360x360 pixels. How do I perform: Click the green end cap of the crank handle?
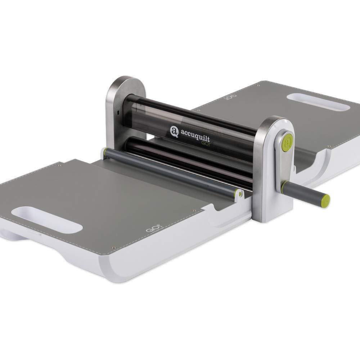click(x=326, y=198)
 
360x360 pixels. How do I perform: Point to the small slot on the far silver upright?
click(x=118, y=113)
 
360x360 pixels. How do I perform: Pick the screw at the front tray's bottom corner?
click(x=113, y=248)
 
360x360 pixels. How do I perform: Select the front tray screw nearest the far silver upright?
click(x=58, y=166)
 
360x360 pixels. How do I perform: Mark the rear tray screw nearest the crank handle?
click(x=329, y=146)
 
